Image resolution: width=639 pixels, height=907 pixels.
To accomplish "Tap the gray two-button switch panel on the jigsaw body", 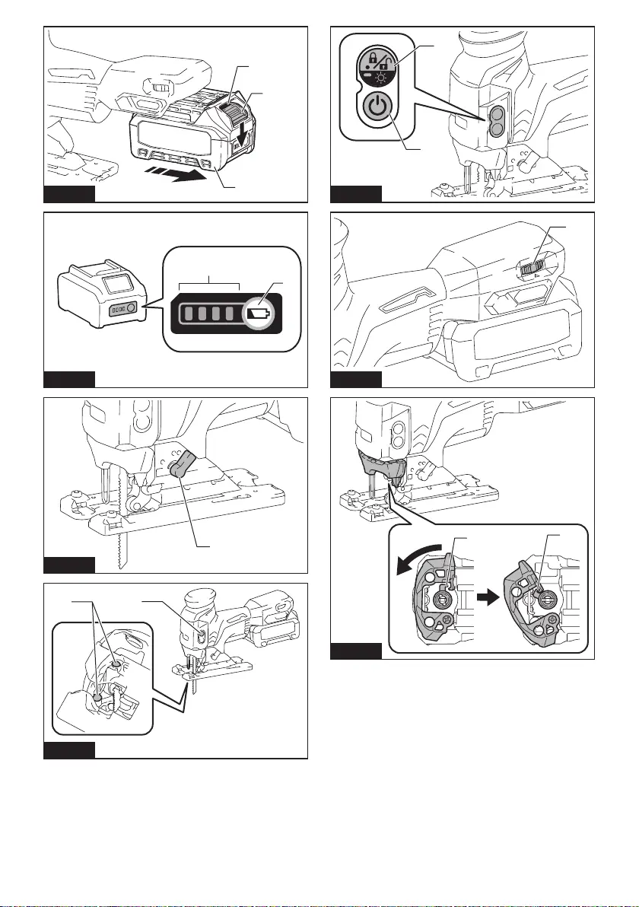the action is (495, 120).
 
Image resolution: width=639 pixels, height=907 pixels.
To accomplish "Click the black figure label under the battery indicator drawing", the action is (69, 379).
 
